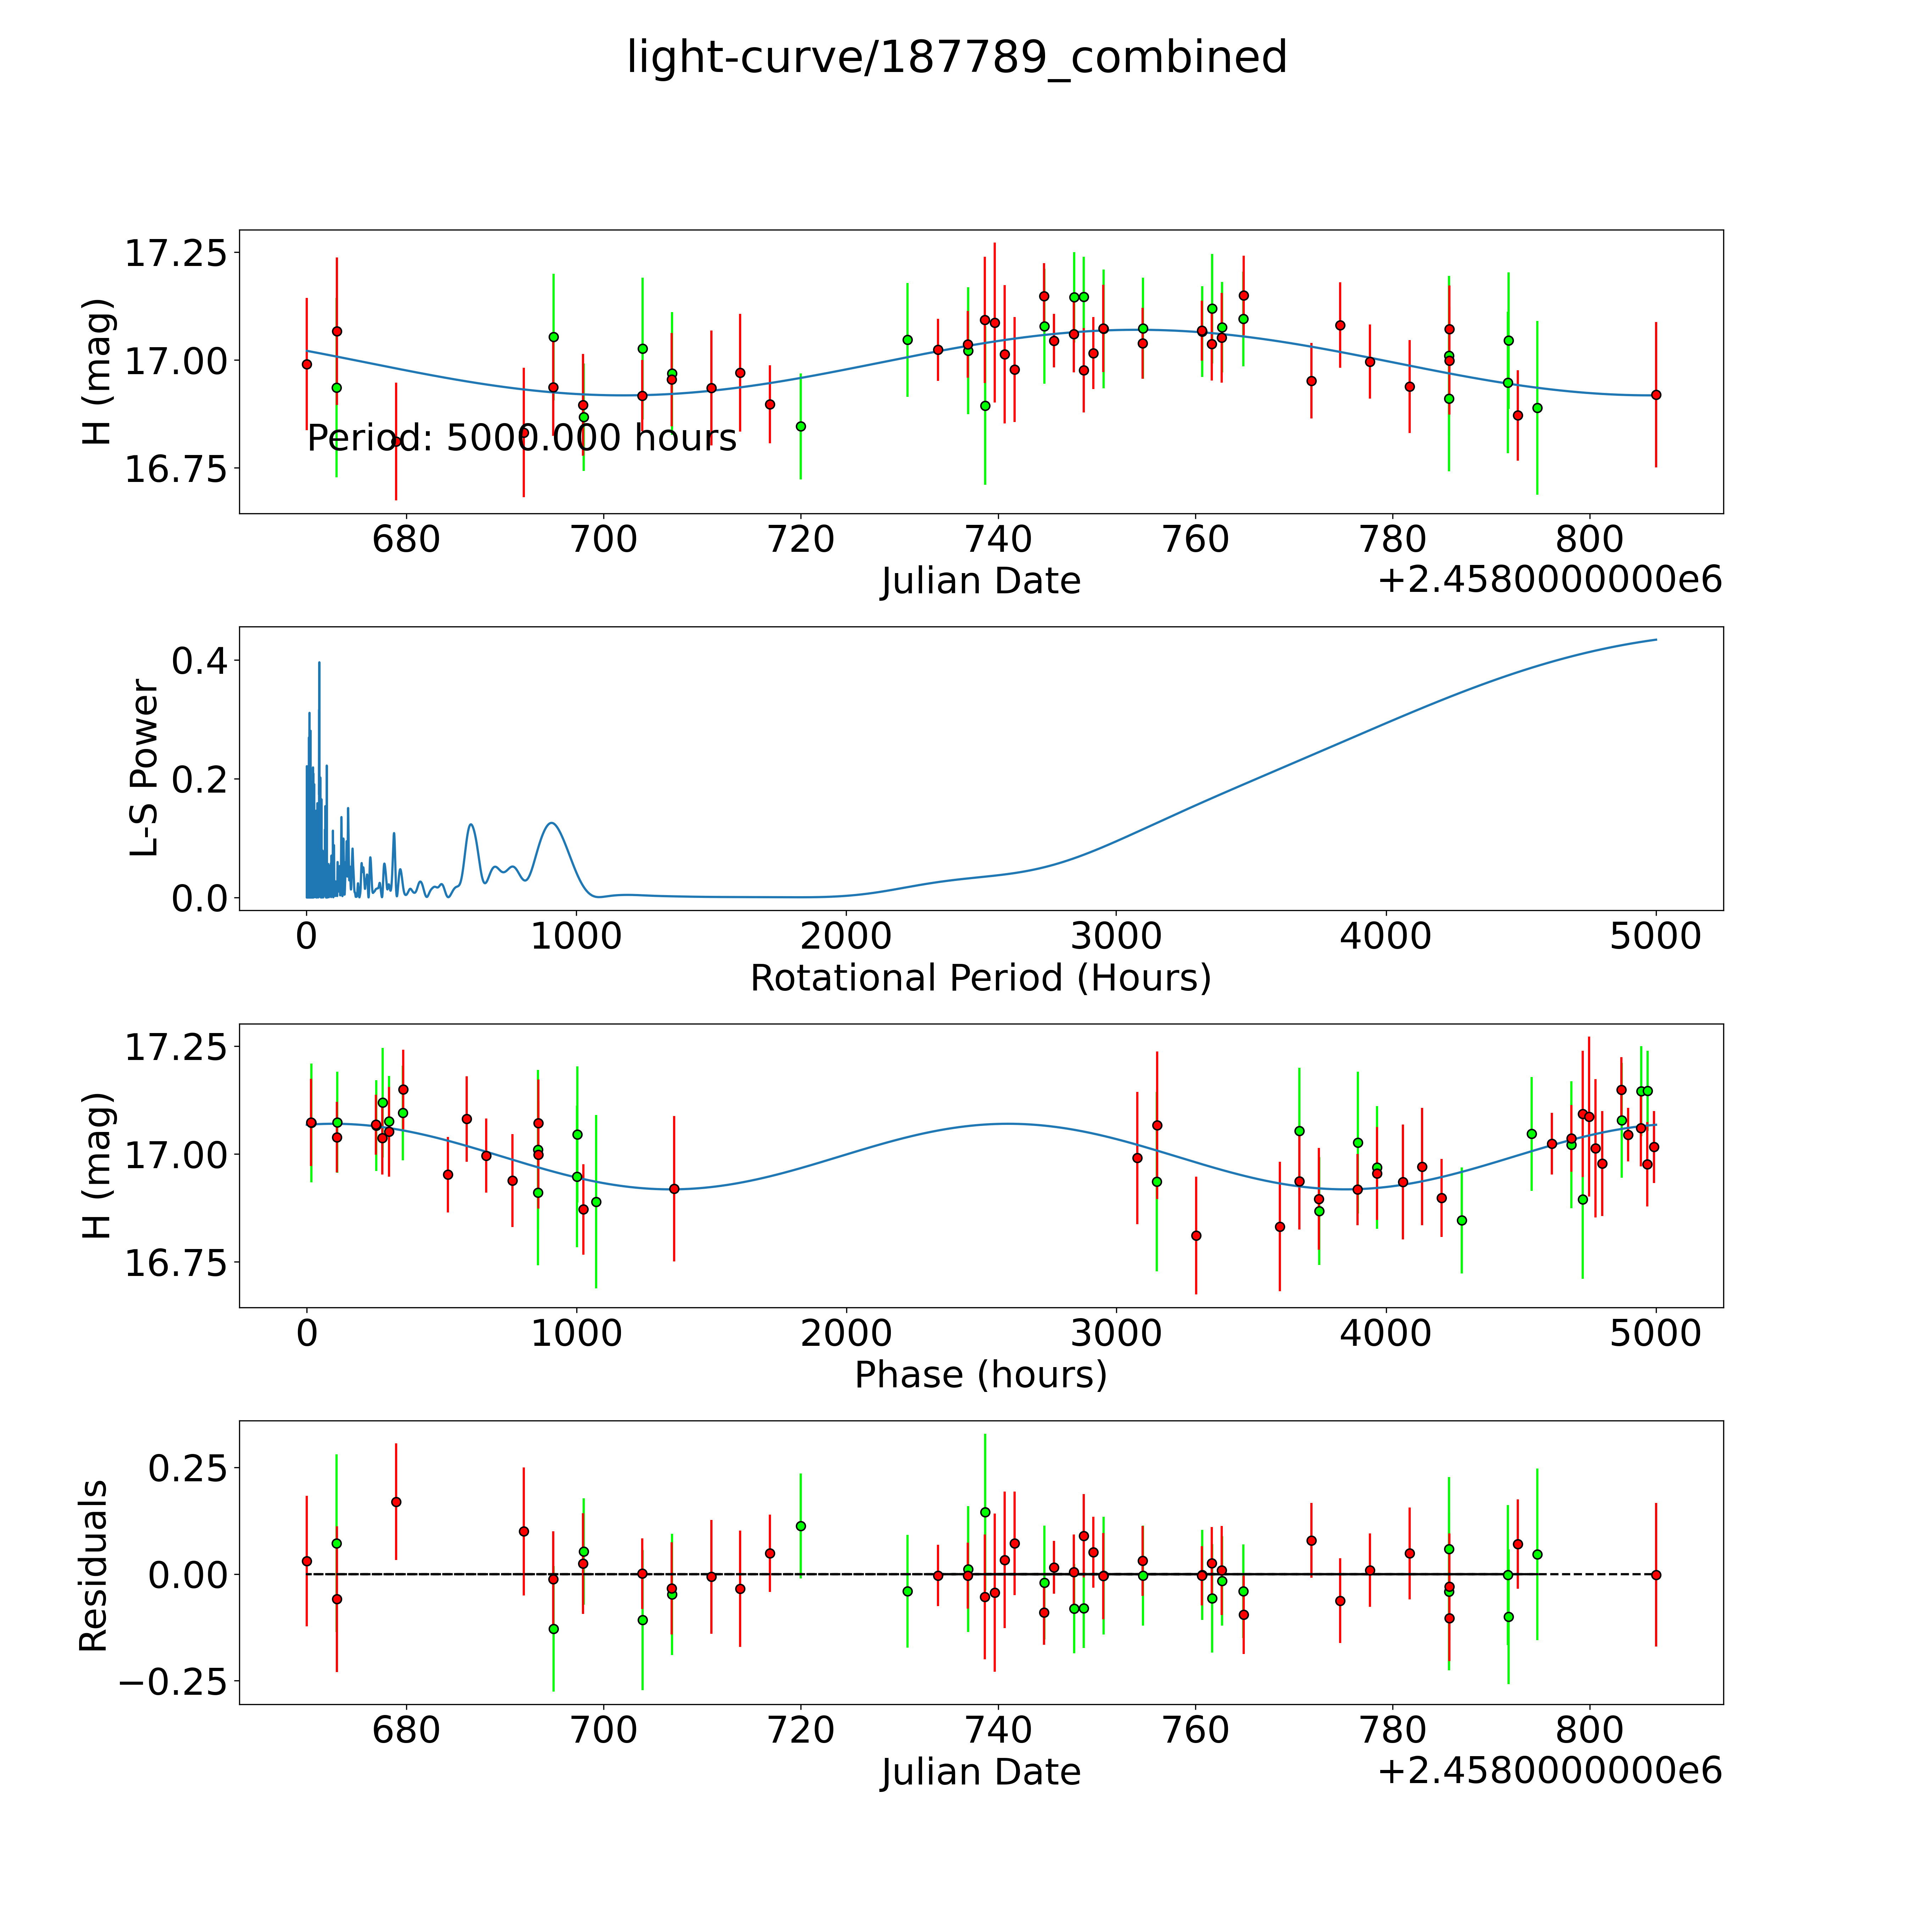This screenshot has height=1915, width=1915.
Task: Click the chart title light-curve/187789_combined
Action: tap(956, 57)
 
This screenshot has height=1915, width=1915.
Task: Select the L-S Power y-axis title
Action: tap(145, 768)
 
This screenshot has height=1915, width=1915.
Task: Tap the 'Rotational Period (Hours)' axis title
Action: tap(980, 978)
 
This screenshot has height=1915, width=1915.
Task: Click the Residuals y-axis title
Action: tap(93, 1566)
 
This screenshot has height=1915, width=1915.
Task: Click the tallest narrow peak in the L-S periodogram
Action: tap(319, 663)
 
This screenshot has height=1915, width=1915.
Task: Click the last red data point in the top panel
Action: tap(1655, 394)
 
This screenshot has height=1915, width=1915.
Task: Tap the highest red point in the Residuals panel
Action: tap(395, 1502)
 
